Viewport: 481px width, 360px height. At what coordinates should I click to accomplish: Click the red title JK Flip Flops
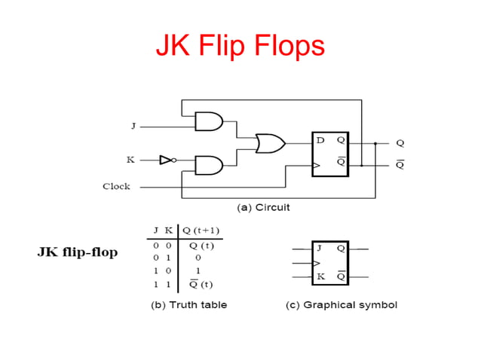[240, 46]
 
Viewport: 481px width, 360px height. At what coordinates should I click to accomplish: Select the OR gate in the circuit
[270, 143]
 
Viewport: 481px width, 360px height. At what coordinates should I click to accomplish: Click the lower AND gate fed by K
[209, 164]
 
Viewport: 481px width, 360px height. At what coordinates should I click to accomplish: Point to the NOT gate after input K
[167, 160]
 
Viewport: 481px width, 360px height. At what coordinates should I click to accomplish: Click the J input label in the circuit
[133, 126]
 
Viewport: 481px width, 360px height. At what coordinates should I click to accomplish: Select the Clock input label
[116, 186]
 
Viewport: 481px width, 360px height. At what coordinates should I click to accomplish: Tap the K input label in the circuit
[130, 160]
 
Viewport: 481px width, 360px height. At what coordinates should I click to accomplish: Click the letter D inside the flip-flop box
[320, 141]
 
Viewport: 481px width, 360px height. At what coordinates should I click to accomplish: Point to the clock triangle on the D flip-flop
[316, 164]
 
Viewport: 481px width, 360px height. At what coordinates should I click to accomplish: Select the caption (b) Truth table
[186, 305]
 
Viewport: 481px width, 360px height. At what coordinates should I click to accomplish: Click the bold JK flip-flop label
[78, 252]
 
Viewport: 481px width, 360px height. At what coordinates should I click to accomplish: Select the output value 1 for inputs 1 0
[198, 270]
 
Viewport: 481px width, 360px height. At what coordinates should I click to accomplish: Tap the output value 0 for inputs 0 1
[198, 258]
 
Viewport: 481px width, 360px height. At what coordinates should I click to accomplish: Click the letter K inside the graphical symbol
[320, 276]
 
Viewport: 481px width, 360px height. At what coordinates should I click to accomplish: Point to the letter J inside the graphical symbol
[320, 249]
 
